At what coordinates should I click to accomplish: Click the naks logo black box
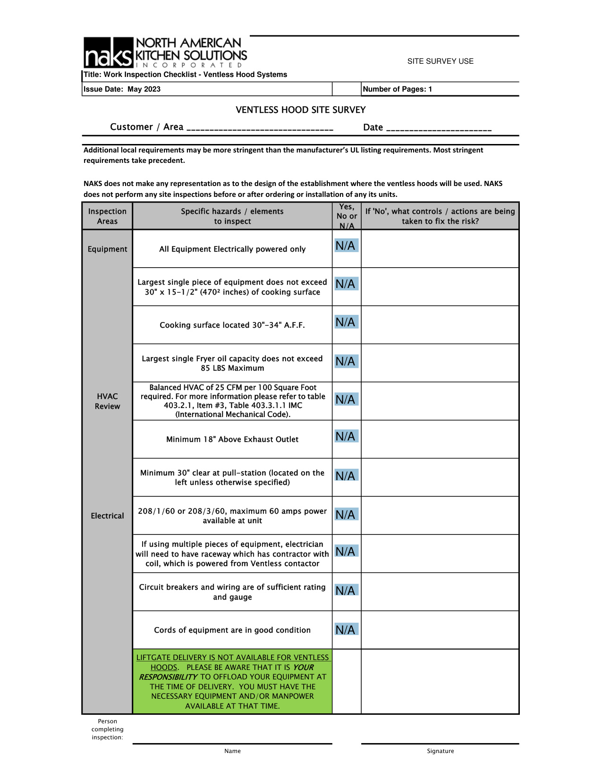(x=109, y=53)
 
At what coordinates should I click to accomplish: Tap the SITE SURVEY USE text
(x=440, y=61)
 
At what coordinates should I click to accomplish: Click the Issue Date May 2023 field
(x=122, y=89)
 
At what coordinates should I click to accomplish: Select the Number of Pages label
(x=397, y=89)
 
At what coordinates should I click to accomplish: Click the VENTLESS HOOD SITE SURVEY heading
(x=301, y=110)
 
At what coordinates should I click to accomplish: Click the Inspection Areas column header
(x=107, y=216)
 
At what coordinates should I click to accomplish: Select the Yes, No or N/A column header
(x=347, y=216)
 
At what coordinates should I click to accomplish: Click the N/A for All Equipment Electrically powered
(x=346, y=246)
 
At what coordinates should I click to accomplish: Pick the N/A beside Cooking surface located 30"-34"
(x=346, y=322)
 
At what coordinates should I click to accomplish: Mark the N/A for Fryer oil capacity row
(x=346, y=361)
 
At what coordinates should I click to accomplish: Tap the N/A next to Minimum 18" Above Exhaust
(x=346, y=436)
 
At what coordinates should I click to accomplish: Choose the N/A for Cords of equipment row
(x=346, y=629)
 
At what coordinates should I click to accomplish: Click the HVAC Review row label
(x=107, y=401)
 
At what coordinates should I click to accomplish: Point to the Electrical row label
(x=107, y=516)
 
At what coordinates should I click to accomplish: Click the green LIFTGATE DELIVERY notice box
(x=232, y=681)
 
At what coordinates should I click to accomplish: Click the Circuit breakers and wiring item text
(x=232, y=592)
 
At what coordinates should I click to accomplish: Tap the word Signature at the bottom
(x=440, y=751)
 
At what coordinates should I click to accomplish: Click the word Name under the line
(x=232, y=751)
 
